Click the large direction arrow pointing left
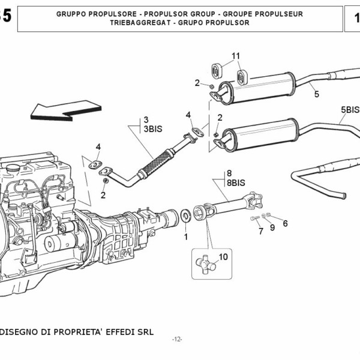(63, 110)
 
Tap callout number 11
(236, 56)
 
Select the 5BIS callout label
(350, 110)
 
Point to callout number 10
(223, 257)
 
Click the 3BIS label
(152, 128)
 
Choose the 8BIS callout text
(236, 182)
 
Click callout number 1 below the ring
(185, 236)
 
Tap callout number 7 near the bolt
(261, 232)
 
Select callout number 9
(272, 227)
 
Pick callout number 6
(285, 223)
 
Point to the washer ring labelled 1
(185, 214)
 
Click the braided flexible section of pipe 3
(157, 160)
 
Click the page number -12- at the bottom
(176, 340)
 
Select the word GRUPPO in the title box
(72, 13)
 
